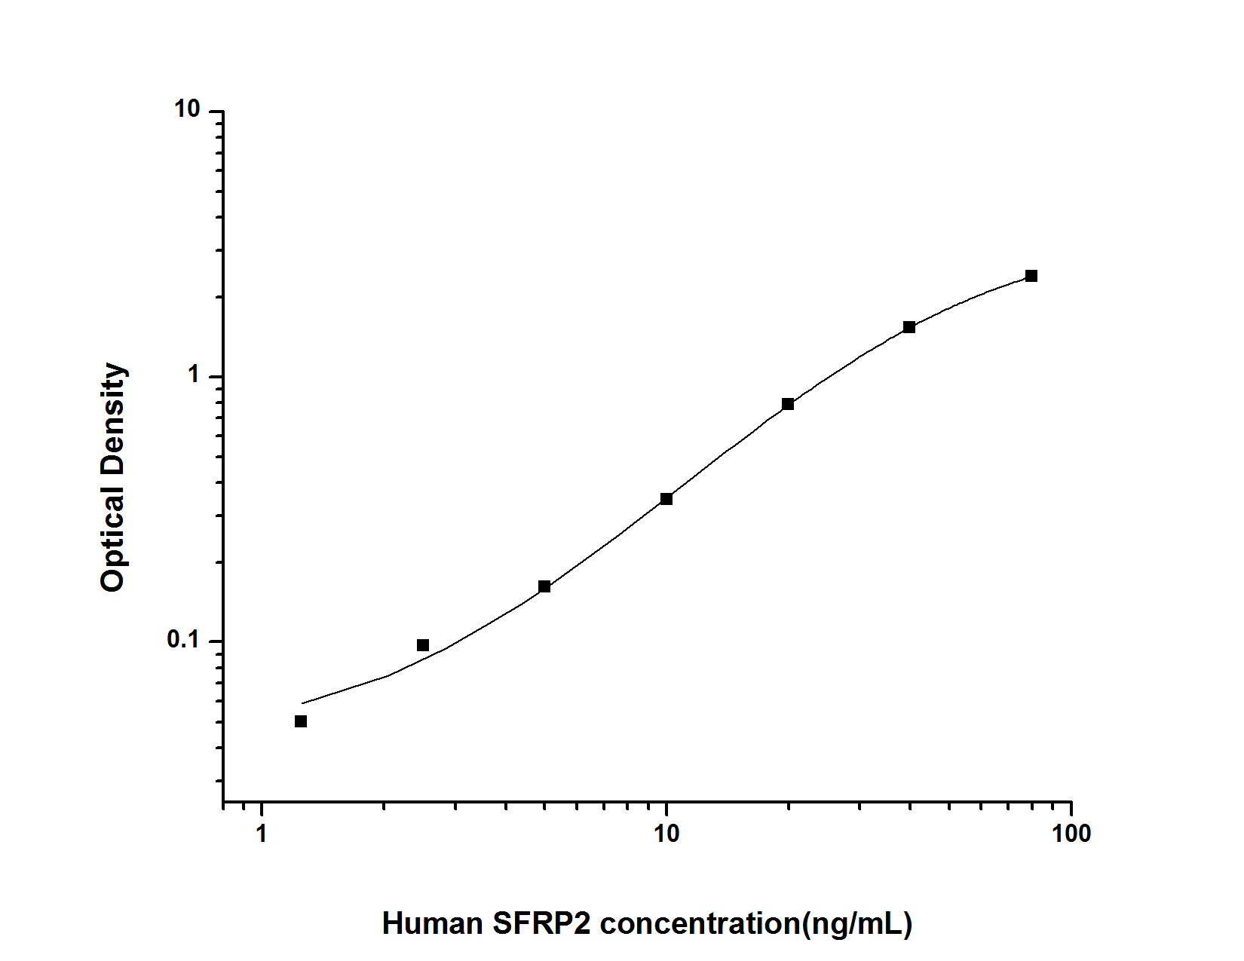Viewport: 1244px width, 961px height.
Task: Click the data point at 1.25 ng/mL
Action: [301, 721]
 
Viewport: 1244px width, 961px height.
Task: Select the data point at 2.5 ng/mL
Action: [423, 645]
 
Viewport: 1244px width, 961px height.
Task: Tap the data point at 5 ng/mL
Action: [544, 586]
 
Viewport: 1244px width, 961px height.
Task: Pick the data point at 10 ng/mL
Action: [666, 499]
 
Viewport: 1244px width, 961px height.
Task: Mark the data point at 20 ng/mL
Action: [788, 404]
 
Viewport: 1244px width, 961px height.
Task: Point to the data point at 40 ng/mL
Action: [909, 327]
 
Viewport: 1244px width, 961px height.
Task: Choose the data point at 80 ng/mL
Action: [1031, 276]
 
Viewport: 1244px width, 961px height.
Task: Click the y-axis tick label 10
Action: [187, 110]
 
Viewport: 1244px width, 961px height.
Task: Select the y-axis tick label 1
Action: [195, 375]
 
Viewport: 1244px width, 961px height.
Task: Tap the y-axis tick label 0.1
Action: [183, 640]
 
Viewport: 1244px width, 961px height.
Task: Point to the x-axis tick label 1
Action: [262, 834]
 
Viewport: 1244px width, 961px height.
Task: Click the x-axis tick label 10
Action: [666, 834]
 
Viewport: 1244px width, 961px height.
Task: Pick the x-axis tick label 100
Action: [1071, 834]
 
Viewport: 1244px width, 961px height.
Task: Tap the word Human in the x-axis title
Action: [433, 923]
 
